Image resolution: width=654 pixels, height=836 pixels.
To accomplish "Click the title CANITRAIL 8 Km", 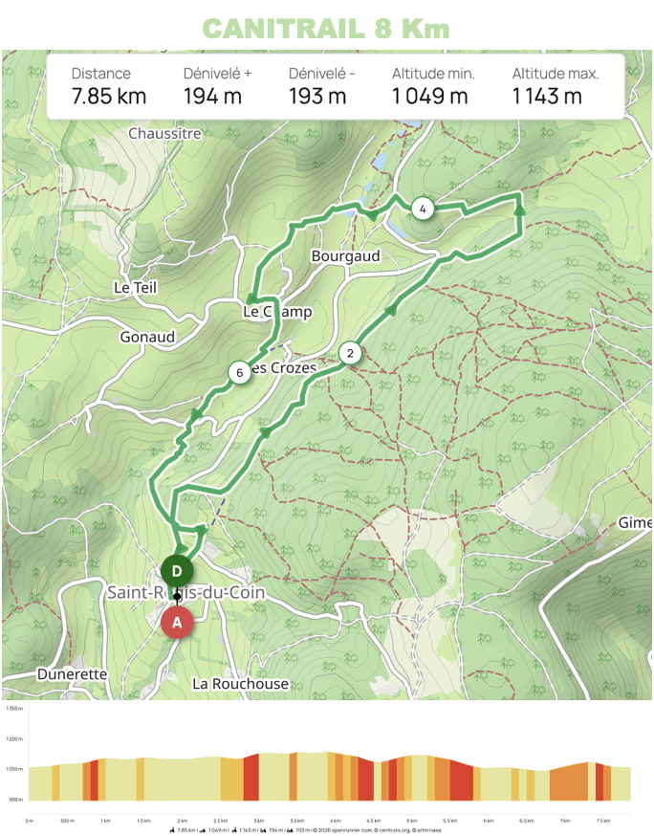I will tap(326, 28).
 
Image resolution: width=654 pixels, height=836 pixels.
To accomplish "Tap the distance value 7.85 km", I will tap(109, 96).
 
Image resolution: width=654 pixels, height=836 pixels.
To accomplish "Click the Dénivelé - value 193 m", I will tap(317, 96).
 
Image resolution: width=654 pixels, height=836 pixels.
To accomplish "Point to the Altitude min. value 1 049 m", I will tap(430, 96).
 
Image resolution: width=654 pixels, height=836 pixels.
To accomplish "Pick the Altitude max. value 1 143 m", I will tap(547, 96).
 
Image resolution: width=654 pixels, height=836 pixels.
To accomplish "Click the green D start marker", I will tap(177, 570).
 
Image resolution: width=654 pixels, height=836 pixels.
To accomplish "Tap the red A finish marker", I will tap(177, 622).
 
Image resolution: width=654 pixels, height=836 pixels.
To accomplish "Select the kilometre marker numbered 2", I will tap(350, 353).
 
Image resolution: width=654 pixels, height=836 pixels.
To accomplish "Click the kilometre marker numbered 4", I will tap(422, 208).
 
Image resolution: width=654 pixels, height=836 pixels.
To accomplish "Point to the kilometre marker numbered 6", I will tap(239, 372).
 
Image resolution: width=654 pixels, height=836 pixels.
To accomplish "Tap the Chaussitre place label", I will tap(164, 134).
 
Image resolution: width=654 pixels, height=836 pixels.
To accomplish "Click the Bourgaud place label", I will tap(345, 256).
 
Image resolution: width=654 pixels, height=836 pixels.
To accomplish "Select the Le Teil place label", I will tap(135, 287).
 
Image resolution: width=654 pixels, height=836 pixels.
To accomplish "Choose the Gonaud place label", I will tap(147, 337).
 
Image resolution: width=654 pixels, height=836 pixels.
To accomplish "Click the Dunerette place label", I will tap(72, 674).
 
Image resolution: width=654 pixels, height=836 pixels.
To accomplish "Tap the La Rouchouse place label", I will tap(240, 684).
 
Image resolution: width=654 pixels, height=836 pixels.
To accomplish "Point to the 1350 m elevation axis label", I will tap(13, 709).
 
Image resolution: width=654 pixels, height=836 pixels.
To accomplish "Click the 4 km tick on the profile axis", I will tap(335, 820).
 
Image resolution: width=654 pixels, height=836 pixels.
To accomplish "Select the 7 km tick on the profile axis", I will tap(565, 820).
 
